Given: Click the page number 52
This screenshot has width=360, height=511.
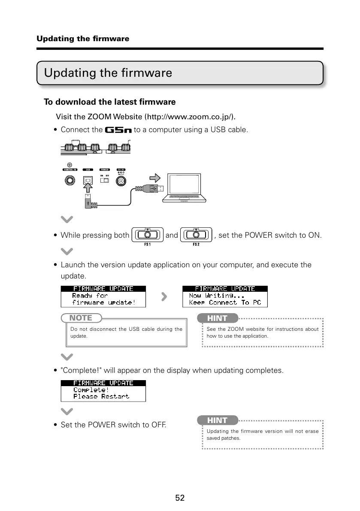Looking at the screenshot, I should [x=180, y=498].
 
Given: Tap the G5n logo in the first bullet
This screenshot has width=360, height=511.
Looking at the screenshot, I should [x=118, y=130].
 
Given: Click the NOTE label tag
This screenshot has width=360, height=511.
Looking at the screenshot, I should [x=81, y=318].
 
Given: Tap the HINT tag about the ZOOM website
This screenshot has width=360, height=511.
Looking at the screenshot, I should [x=217, y=318].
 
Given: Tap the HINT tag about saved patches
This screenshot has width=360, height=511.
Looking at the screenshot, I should [x=217, y=420].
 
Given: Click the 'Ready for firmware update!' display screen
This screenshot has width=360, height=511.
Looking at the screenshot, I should [x=103, y=296].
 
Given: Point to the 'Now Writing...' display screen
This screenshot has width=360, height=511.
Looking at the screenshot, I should [x=225, y=296].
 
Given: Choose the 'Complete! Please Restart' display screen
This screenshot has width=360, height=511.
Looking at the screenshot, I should [x=103, y=390].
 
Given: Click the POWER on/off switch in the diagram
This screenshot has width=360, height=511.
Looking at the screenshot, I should [x=105, y=181].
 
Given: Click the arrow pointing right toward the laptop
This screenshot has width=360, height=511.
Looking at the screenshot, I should [x=155, y=178].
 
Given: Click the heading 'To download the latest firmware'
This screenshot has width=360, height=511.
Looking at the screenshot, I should [x=110, y=102].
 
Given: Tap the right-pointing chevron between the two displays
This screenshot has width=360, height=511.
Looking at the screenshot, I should [x=164, y=296].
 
